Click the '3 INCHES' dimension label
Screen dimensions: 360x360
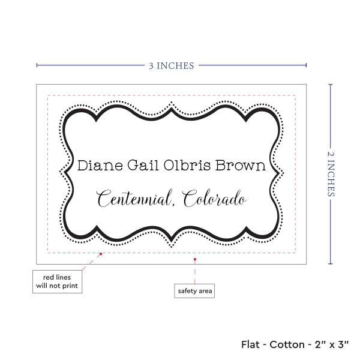(x=172, y=65)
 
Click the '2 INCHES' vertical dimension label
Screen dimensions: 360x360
(x=332, y=173)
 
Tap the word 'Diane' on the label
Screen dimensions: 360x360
(x=95, y=166)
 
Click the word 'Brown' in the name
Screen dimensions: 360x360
(x=241, y=166)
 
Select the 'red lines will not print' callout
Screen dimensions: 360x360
(x=58, y=281)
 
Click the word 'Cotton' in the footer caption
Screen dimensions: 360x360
(x=287, y=344)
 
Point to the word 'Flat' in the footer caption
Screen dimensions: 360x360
(x=251, y=344)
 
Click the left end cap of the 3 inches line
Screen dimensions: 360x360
(x=37, y=65)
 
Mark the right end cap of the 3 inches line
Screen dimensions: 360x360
(x=307, y=65)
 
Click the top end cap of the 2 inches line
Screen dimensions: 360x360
(x=331, y=85)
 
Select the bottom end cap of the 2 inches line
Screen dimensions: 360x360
(x=331, y=263)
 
